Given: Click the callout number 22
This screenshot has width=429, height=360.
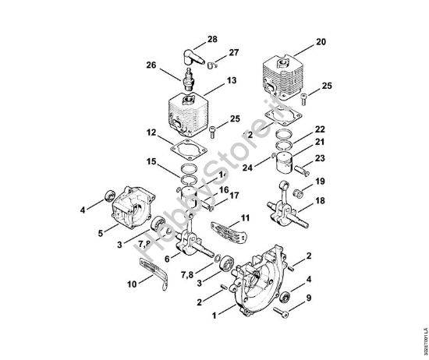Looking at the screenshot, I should pyautogui.click(x=321, y=128).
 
